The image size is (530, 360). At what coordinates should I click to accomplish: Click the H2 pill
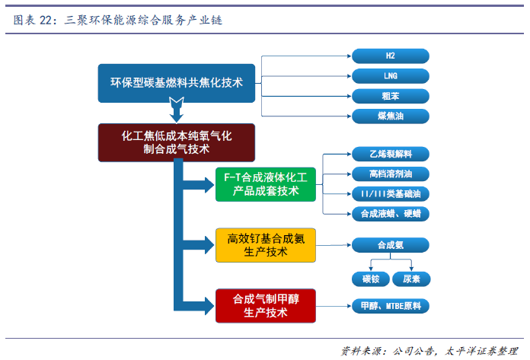point(391,56)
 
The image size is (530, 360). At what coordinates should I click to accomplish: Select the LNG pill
point(391,76)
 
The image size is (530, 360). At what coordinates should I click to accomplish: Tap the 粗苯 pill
point(391,96)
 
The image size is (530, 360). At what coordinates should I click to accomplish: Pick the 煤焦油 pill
point(391,116)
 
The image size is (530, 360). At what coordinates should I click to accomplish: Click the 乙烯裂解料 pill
point(391,155)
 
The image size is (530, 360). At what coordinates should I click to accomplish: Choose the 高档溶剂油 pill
point(391,174)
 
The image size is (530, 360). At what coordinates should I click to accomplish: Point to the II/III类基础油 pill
point(391,194)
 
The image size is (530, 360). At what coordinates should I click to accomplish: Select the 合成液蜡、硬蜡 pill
point(391,214)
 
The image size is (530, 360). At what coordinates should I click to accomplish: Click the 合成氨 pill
point(391,245)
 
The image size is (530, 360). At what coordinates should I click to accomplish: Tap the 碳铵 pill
point(371,279)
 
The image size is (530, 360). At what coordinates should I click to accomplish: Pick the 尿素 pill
point(411,279)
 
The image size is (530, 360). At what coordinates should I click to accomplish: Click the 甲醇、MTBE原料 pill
point(391,306)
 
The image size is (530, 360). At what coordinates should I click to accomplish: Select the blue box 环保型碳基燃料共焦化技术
point(177,83)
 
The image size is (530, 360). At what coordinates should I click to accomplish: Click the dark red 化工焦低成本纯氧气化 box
point(177,142)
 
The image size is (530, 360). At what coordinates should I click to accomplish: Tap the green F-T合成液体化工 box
point(266,184)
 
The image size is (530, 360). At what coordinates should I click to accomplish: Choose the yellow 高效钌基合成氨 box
point(266,245)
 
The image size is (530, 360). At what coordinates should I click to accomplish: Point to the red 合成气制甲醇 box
point(266,306)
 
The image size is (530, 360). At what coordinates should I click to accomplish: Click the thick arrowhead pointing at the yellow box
point(209,245)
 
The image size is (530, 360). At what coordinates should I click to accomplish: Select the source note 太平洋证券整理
point(481,351)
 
